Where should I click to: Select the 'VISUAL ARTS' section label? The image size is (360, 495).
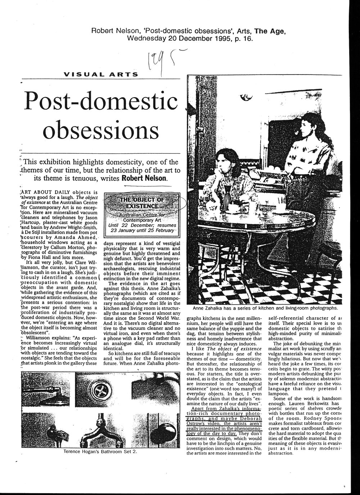[x=100, y=75]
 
